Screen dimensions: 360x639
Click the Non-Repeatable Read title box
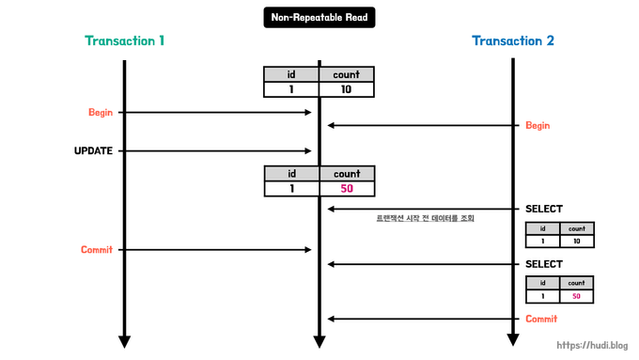pos(319,16)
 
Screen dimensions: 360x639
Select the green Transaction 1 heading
pos(125,41)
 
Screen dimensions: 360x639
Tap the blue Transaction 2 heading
pos(512,41)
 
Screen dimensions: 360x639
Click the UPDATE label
pos(94,150)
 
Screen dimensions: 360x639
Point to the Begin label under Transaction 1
pos(101,113)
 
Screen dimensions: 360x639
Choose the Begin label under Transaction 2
pos(538,126)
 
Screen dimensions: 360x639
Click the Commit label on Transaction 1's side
pos(97,250)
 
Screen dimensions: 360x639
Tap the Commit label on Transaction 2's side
pos(541,319)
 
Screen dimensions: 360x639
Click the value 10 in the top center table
pos(347,90)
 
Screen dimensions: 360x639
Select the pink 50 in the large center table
pos(347,189)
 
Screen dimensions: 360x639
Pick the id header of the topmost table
pos(291,74)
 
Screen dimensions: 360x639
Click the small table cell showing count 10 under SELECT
pos(576,242)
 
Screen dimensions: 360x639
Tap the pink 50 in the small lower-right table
pos(576,296)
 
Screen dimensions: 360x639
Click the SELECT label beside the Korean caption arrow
pos(543,209)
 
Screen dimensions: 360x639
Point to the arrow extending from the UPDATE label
pos(216,150)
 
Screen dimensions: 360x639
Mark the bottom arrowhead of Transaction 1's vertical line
pos(124,339)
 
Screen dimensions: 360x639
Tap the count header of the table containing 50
pos(347,174)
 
